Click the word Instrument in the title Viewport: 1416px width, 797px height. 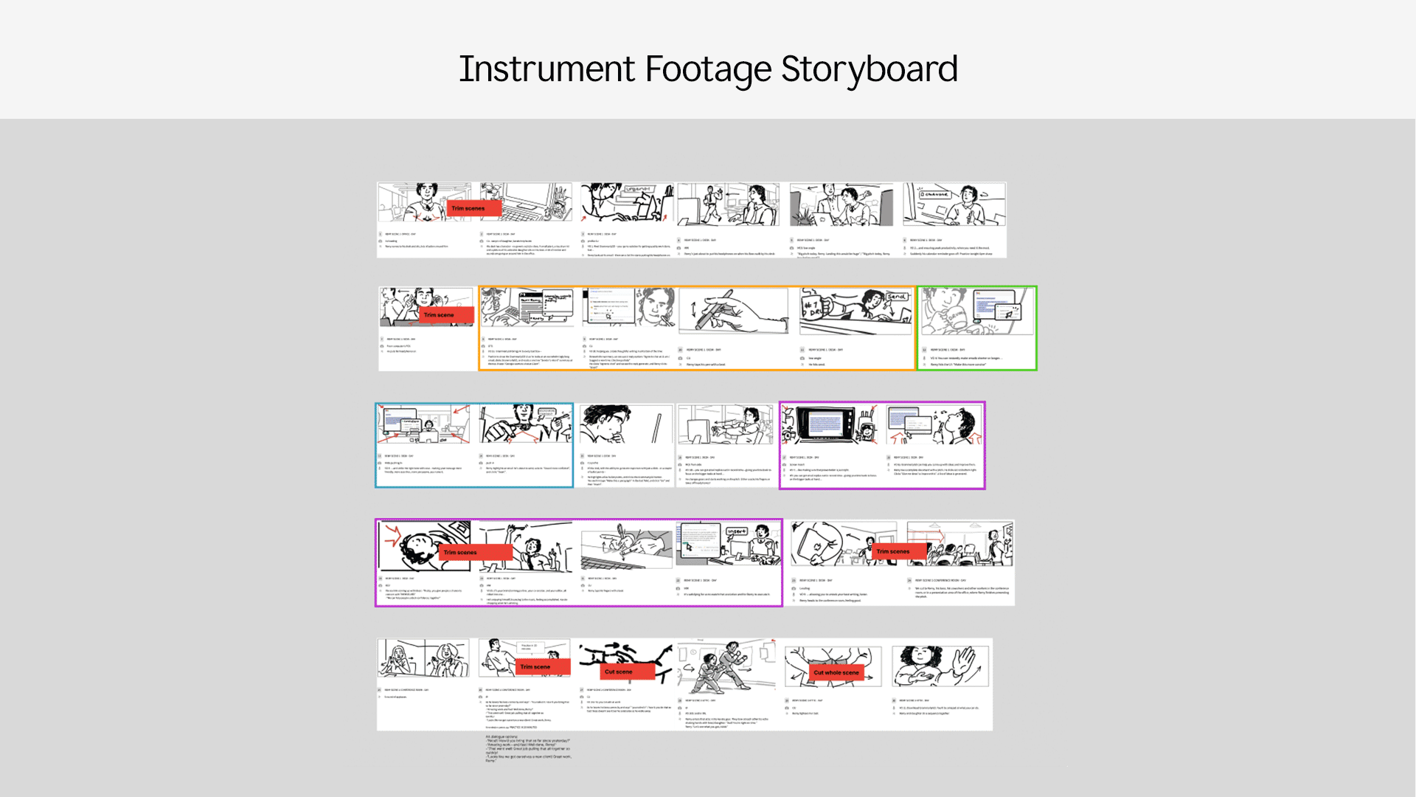pyautogui.click(x=546, y=69)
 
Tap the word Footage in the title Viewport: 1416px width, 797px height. pyautogui.click(x=707, y=69)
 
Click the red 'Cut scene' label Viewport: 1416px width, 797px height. pyautogui.click(x=618, y=672)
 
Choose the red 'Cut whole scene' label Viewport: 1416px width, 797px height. pyautogui.click(x=836, y=672)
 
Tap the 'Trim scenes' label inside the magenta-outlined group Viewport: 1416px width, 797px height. pyautogui.click(x=460, y=552)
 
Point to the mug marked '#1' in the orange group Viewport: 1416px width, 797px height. pyautogui.click(x=815, y=308)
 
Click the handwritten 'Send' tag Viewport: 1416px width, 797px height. pyautogui.click(x=897, y=297)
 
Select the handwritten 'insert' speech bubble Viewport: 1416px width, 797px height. pyautogui.click(x=736, y=531)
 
